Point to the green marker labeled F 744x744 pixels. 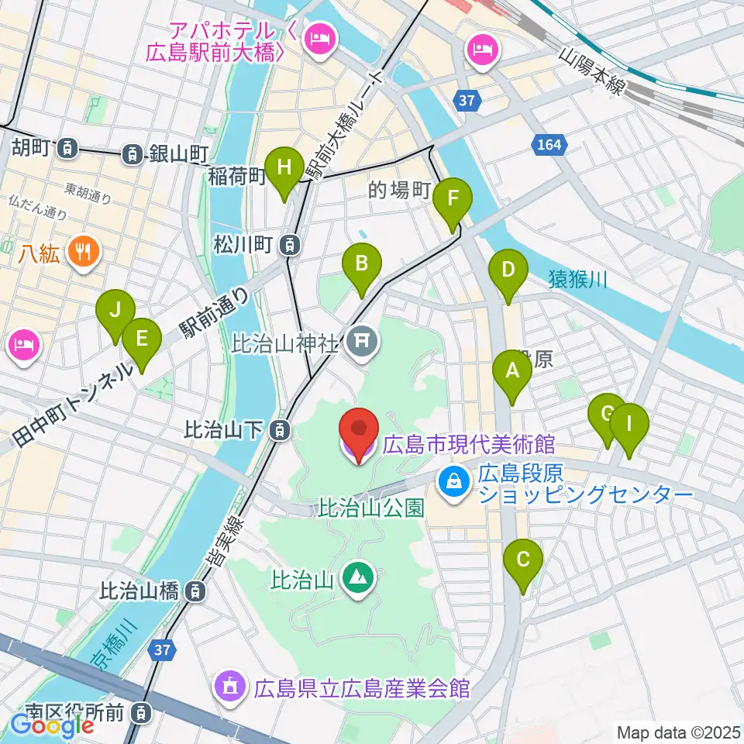pos(453,201)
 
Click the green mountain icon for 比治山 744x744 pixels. pos(357,577)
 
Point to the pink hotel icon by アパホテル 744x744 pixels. pos(319,36)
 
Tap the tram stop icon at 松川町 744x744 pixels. pos(288,246)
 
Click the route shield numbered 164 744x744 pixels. pos(551,144)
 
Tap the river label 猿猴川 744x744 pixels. pos(577,278)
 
